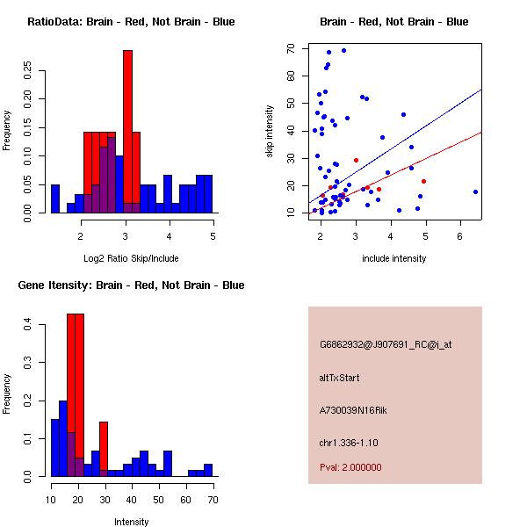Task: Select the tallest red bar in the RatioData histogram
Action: [127, 132]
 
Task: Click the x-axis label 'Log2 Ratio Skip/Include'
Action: [131, 258]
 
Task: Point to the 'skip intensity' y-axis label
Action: [271, 132]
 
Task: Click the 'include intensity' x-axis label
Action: [394, 258]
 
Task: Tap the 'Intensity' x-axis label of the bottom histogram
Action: [131, 522]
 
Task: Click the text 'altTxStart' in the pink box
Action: [339, 378]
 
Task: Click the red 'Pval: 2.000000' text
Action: [350, 467]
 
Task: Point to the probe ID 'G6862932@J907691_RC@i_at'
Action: [385, 345]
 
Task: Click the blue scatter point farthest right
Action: [475, 191]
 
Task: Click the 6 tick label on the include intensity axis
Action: [460, 236]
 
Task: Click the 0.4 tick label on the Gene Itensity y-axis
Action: [27, 326]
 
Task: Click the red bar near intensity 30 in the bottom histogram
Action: [104, 449]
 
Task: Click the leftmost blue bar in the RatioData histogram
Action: [55, 199]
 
